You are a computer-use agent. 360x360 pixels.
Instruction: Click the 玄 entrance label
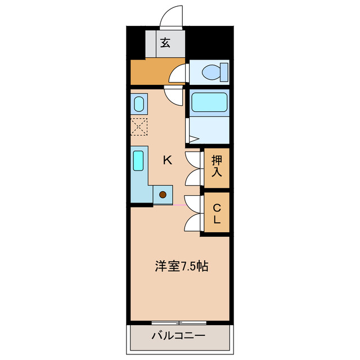click(165, 43)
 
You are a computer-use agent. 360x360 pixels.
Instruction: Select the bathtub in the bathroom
click(209, 103)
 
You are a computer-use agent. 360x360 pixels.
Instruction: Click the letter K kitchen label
click(167, 160)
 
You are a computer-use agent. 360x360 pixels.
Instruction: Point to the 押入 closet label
click(217, 167)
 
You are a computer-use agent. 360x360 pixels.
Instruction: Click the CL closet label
click(217, 213)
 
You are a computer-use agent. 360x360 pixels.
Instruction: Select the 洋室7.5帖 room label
click(182, 265)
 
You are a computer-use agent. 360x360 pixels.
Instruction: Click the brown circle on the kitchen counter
click(163, 195)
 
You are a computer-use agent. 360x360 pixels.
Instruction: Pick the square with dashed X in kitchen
click(138, 127)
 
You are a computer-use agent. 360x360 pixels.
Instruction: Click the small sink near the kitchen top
click(138, 103)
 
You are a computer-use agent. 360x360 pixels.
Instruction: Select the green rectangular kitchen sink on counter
click(139, 160)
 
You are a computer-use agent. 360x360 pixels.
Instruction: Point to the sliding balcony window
click(179, 323)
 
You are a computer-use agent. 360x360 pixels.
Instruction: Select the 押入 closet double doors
click(193, 167)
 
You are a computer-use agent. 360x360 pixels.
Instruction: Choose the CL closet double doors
click(193, 213)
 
